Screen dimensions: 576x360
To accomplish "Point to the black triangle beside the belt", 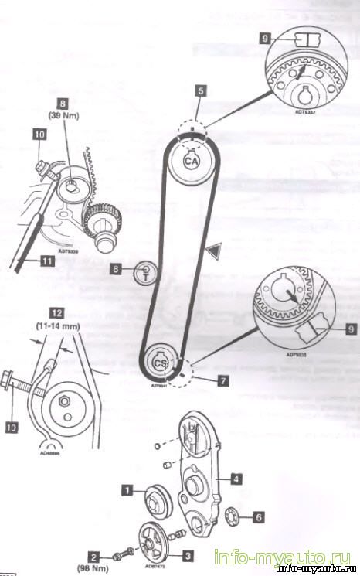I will [212, 250].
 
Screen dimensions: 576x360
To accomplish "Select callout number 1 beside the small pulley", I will [128, 489].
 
